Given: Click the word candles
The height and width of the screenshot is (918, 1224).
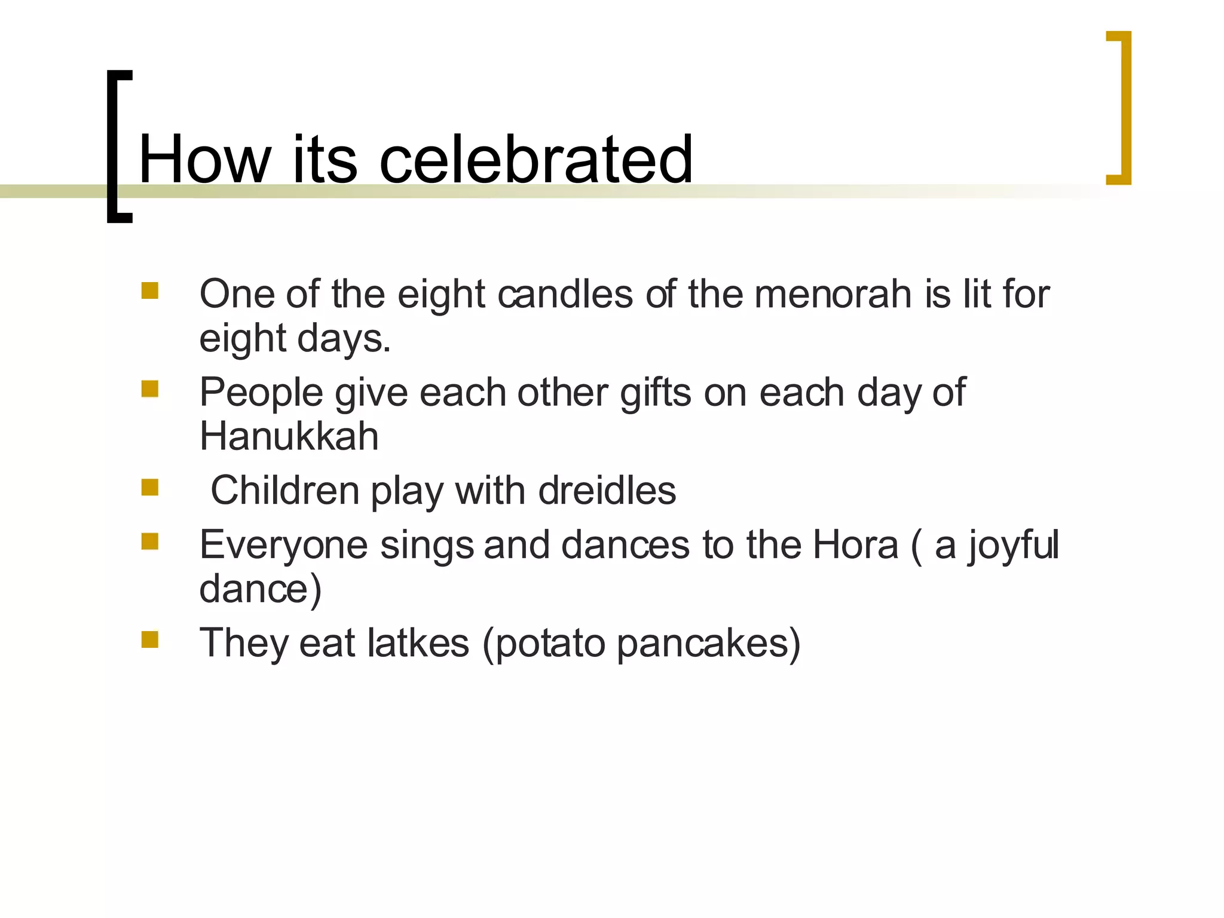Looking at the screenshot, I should click(565, 294).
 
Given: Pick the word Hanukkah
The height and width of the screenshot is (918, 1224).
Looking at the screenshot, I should click(289, 436).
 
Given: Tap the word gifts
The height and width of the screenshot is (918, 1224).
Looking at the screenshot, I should click(656, 393).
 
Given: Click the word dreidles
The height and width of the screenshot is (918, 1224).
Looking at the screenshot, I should click(607, 491).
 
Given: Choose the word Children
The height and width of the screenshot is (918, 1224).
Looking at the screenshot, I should click(284, 491).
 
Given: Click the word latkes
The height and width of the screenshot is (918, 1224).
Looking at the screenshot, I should click(418, 643).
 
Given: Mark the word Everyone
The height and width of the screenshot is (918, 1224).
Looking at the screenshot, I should click(283, 546).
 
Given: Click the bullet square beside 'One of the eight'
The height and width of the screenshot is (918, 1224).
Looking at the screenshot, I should click(150, 290).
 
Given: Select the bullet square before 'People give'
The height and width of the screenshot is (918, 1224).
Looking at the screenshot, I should click(150, 389).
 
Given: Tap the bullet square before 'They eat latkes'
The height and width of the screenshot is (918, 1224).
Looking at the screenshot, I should click(150, 639).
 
